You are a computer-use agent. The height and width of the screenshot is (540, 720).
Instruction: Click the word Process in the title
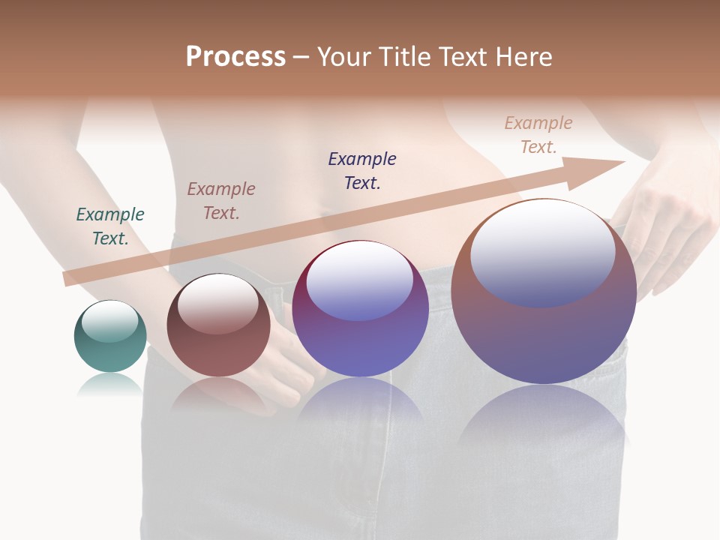[235, 57]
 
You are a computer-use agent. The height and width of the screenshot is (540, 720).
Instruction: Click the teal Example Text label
[110, 226]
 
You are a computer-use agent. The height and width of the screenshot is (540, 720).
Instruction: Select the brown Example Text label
[221, 201]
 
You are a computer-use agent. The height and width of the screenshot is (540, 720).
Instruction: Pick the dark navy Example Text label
[362, 171]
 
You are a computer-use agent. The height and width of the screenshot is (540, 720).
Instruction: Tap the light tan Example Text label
[538, 135]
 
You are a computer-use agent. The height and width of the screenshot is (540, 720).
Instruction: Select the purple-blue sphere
[360, 345]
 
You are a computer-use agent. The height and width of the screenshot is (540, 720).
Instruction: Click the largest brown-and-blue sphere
[544, 337]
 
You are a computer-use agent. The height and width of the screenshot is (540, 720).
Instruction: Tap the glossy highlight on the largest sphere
[542, 253]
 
